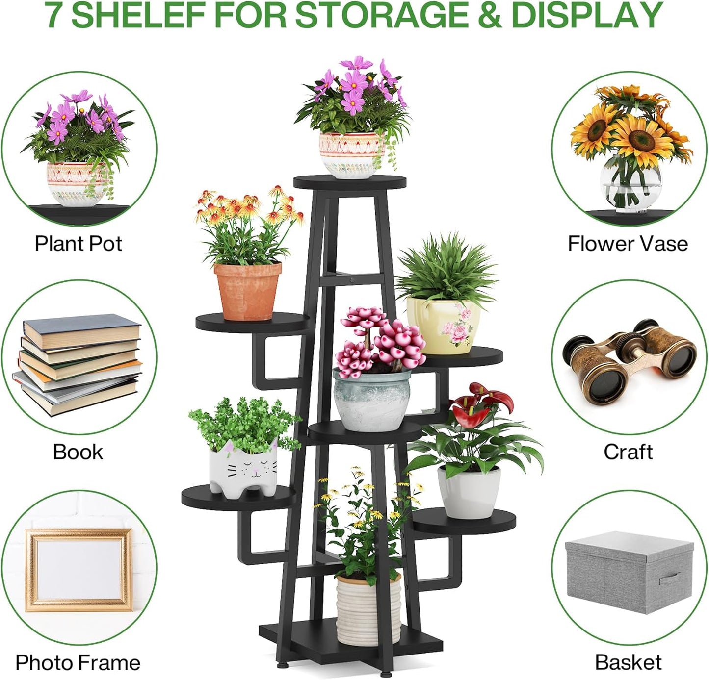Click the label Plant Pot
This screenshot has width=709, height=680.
coord(78,243)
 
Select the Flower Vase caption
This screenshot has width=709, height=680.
coord(628,243)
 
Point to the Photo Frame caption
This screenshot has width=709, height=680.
coord(78,662)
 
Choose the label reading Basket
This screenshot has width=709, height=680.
coord(628,662)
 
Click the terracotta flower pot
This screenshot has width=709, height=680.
coord(248,290)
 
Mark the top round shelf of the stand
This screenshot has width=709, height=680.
coord(350,182)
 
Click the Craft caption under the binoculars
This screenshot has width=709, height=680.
coord(628,452)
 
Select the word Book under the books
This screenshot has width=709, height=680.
coord(78,452)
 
